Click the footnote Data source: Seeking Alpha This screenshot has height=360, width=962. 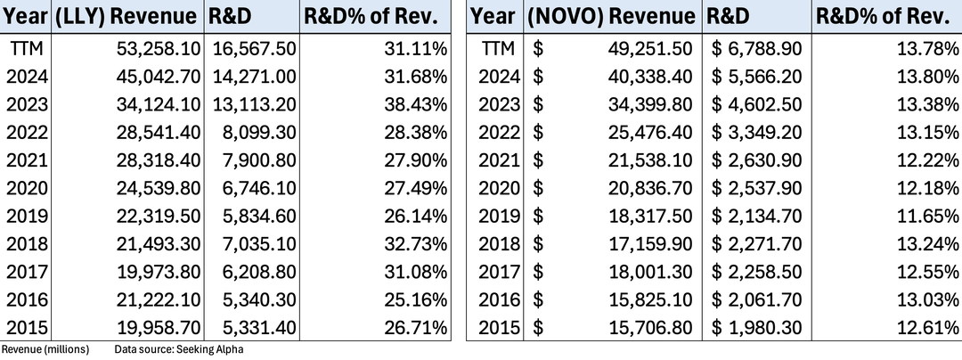click(x=179, y=350)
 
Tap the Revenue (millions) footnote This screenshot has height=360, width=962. click(x=45, y=350)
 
